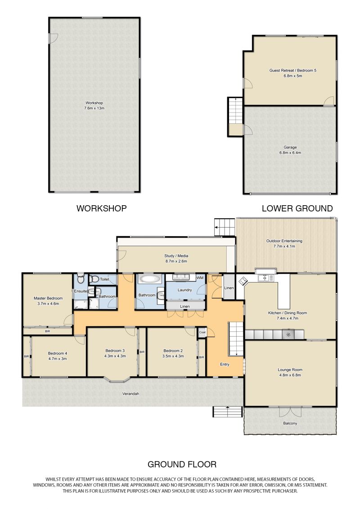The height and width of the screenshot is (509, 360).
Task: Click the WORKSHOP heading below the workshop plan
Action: point(101,208)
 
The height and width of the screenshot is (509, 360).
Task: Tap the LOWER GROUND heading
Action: point(297,208)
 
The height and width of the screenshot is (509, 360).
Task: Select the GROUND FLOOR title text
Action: point(182,464)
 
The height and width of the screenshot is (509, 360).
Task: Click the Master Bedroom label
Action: point(48,298)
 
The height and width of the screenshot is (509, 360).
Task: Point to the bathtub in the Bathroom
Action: point(150,279)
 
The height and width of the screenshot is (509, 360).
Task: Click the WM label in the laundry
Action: point(200,278)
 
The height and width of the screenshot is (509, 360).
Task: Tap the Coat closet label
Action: point(202,332)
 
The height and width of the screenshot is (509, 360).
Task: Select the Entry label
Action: point(225,364)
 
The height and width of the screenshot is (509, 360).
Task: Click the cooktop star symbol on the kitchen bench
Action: point(288,335)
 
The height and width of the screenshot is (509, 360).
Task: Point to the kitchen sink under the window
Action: point(266,278)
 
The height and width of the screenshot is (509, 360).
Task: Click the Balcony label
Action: point(290,423)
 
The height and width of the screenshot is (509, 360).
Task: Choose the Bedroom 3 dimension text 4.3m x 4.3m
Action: point(115,356)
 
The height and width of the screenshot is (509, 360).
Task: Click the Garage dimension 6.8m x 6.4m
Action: point(290,153)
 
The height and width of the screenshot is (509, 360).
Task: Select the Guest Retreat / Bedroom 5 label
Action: point(293,71)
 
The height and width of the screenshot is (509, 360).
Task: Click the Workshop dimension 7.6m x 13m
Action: point(94,108)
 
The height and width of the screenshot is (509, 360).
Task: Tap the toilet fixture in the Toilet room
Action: point(94,279)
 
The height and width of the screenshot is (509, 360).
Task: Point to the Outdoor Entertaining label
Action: point(284,241)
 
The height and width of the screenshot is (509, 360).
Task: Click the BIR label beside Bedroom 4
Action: point(26,356)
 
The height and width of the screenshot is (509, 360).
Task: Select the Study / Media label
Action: point(176,256)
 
